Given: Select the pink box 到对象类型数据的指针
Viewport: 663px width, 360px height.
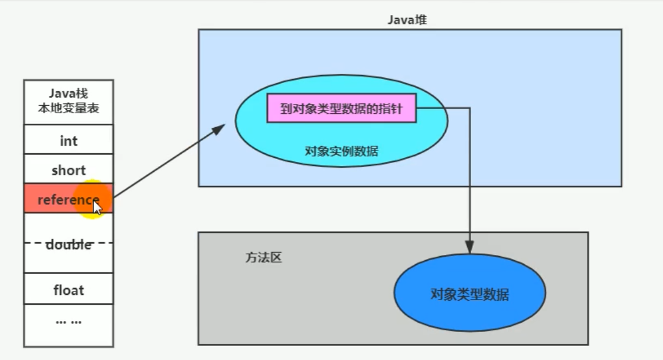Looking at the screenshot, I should pos(341,109).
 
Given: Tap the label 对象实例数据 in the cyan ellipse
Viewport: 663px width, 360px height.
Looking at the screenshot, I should pos(341,152).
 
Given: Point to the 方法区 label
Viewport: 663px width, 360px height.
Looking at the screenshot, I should pos(263,258).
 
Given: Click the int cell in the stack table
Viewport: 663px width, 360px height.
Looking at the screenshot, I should pos(69,141).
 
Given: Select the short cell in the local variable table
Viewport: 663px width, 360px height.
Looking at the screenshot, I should pos(69,170).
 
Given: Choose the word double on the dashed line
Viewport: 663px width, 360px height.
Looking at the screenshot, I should pos(69,244).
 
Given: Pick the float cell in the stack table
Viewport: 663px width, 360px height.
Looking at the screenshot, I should pos(69,289).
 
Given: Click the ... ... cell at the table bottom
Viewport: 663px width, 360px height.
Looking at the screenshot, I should pos(69,321).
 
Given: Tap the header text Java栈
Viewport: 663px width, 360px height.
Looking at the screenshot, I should pos(69,94).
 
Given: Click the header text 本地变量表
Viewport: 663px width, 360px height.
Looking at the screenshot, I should pos(69,108).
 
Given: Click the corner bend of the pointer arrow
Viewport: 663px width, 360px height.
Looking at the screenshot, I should pos(470,108).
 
